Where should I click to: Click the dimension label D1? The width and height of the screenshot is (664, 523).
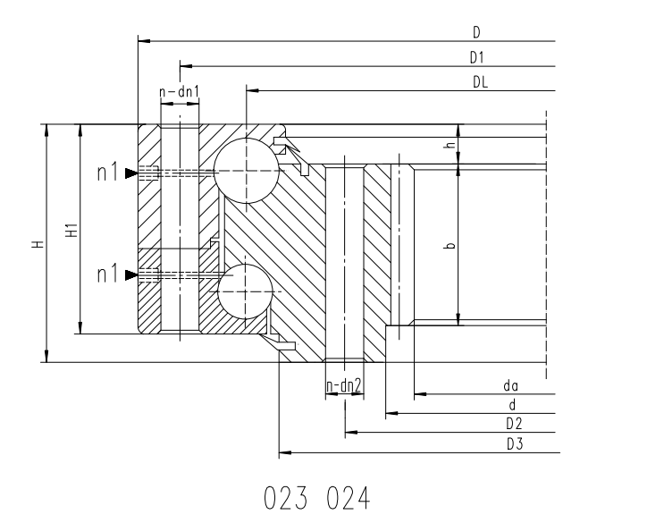point(477,57)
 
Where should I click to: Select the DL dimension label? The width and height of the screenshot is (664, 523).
point(480,81)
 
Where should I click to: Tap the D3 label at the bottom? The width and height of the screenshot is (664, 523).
point(515,443)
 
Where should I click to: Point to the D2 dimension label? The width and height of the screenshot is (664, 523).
point(514,424)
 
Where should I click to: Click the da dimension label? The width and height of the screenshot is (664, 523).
point(510,386)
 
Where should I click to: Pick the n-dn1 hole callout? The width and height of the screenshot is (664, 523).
point(179,91)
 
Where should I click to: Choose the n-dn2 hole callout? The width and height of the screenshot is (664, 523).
point(344,385)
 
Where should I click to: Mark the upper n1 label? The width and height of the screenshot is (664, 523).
point(107,173)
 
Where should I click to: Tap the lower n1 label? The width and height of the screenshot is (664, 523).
point(107,274)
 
